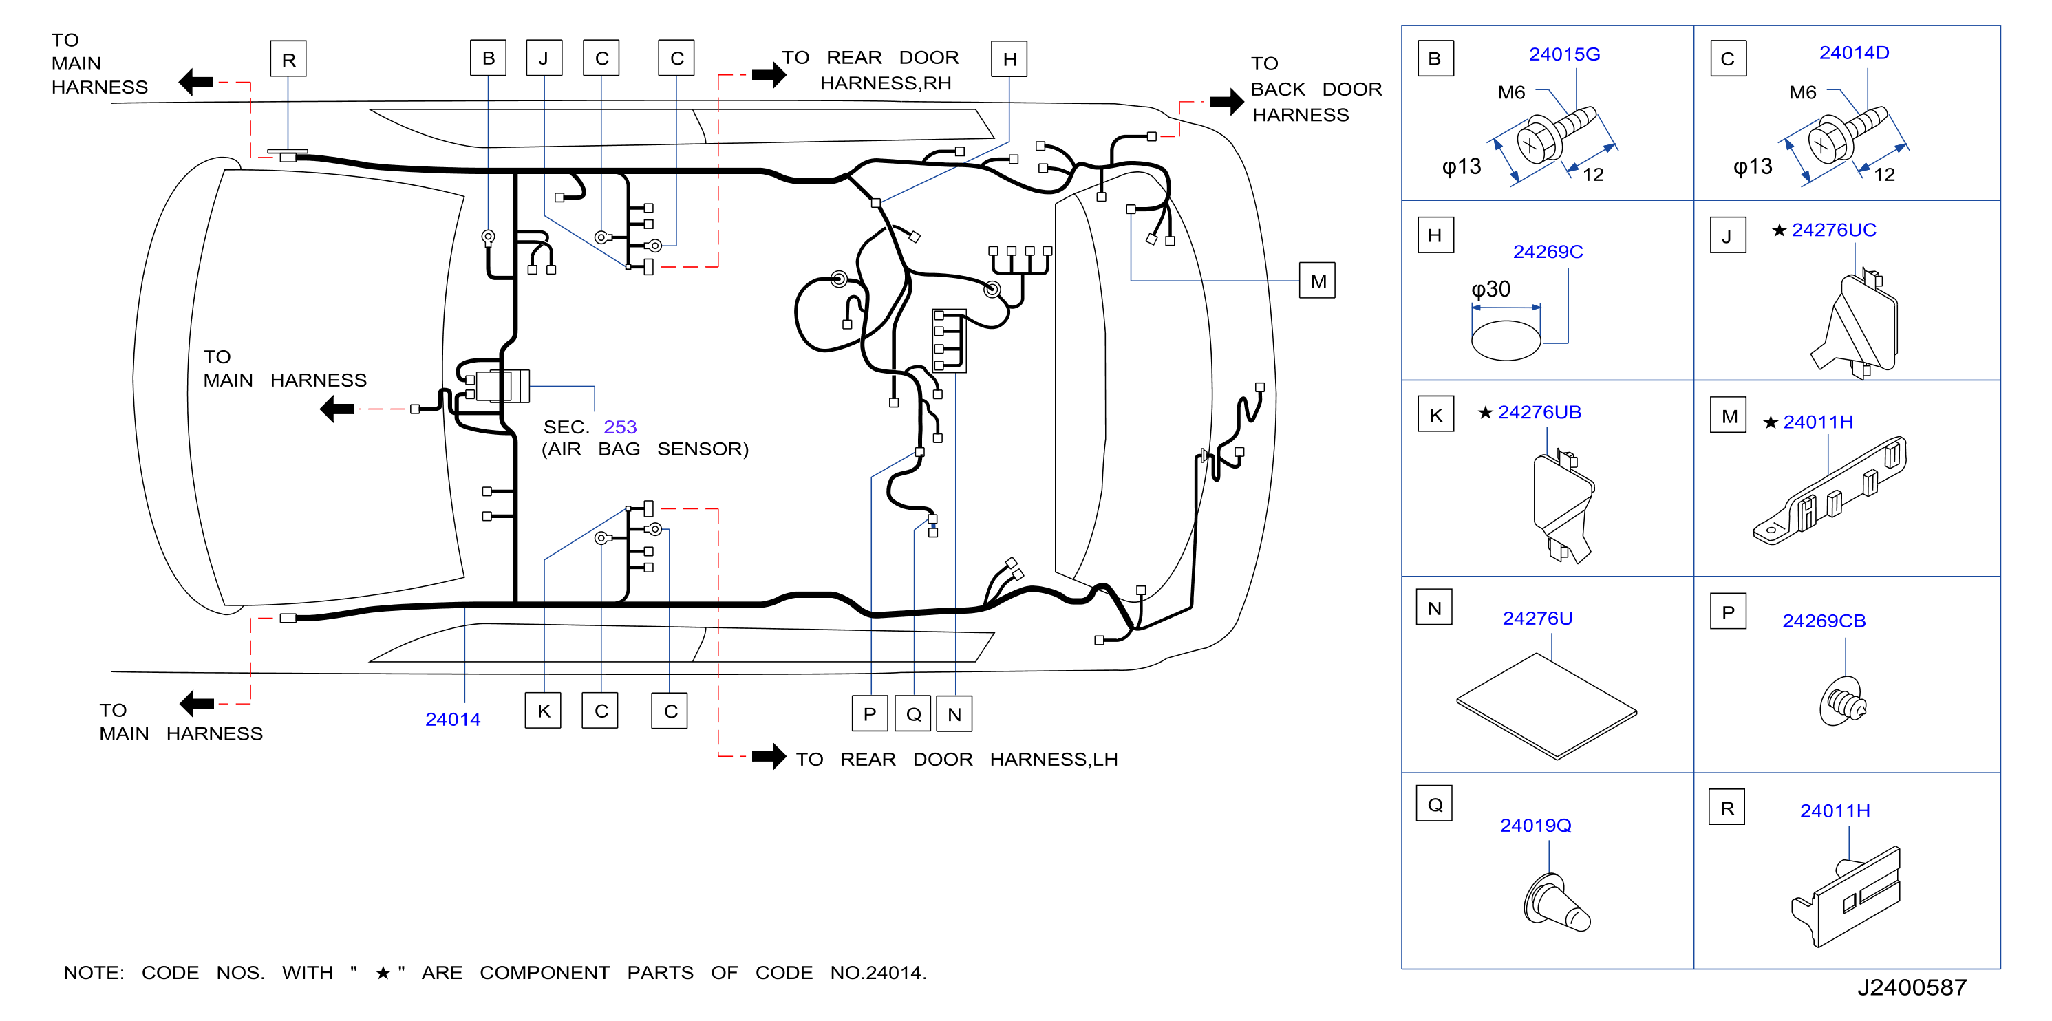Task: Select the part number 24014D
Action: click(x=1854, y=52)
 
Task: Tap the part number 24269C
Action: click(x=1547, y=252)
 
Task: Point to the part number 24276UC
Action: click(x=1833, y=230)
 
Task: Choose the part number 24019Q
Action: click(x=1535, y=826)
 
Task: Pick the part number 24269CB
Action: click(x=1824, y=621)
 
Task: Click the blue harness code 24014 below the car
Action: click(x=453, y=720)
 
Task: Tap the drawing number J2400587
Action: click(x=1912, y=987)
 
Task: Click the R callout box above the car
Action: click(x=288, y=59)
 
